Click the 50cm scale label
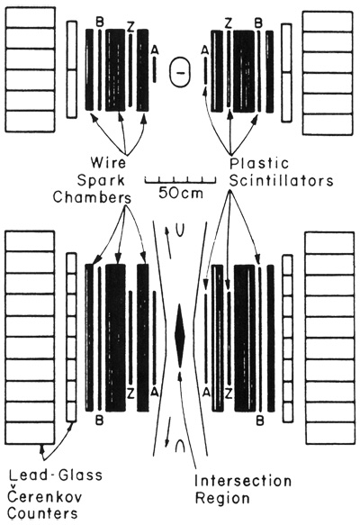point(181,193)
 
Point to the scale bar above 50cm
point(180,180)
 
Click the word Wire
point(108,163)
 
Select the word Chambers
point(92,197)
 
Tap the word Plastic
point(259,163)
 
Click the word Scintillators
point(281,180)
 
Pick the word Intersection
point(243,481)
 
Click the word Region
point(222,498)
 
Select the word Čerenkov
point(44,495)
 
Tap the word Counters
point(42,513)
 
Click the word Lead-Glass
point(56,475)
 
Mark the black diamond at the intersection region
point(180,335)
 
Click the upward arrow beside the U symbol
point(167,243)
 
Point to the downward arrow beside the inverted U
point(168,432)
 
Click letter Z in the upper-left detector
point(130,27)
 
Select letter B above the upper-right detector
point(258,23)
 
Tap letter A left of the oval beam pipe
point(154,50)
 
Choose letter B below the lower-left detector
point(99,420)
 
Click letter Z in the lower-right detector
point(229,394)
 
